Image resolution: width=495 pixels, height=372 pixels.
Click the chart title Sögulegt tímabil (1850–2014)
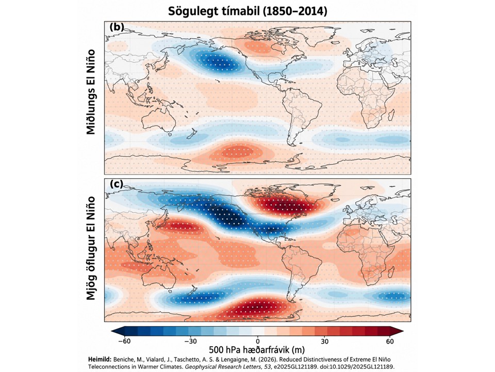247,11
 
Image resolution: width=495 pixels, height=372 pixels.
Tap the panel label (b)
117,27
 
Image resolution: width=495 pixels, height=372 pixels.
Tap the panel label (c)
117,184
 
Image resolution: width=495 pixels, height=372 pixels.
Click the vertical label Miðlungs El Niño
91,92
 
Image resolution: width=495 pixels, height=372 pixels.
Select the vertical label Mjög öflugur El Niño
91,248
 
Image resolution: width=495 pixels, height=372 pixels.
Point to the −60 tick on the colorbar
124,342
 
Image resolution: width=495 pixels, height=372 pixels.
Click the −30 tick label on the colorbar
191,342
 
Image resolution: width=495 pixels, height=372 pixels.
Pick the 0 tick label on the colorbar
258,342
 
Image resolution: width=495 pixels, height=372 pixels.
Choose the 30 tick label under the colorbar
324,342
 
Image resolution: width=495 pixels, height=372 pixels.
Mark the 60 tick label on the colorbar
390,342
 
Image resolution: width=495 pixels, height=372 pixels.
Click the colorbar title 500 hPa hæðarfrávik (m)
257,350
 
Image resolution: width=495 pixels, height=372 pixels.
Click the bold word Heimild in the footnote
100,360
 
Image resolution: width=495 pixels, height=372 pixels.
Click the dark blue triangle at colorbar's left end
118,331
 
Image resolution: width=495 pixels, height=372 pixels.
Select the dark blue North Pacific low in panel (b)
218,61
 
